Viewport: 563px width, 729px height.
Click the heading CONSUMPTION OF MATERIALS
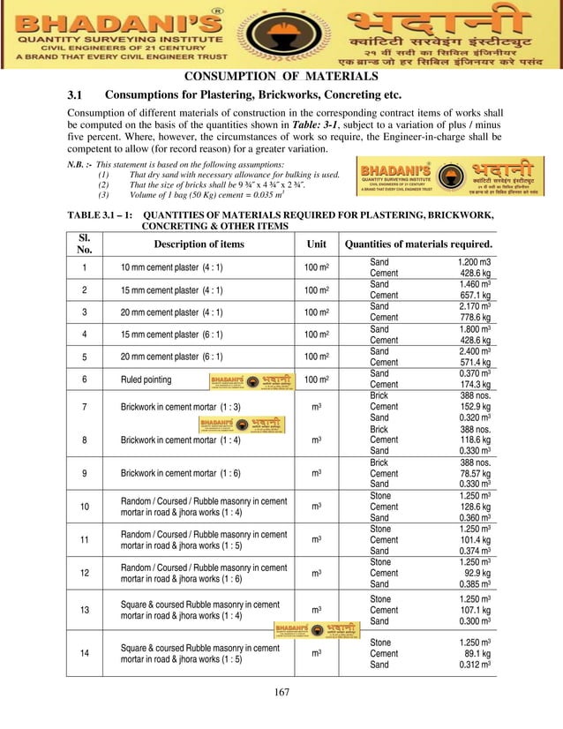pyautogui.click(x=281, y=77)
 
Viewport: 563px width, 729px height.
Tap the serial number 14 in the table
pyautogui.click(x=84, y=653)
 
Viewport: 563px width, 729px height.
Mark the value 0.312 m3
pyautogui.click(x=472, y=665)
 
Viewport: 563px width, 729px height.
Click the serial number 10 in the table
pyautogui.click(x=84, y=507)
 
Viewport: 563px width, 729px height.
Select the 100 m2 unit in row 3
pyautogui.click(x=316, y=312)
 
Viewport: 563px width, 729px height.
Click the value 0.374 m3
pyautogui.click(x=472, y=550)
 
